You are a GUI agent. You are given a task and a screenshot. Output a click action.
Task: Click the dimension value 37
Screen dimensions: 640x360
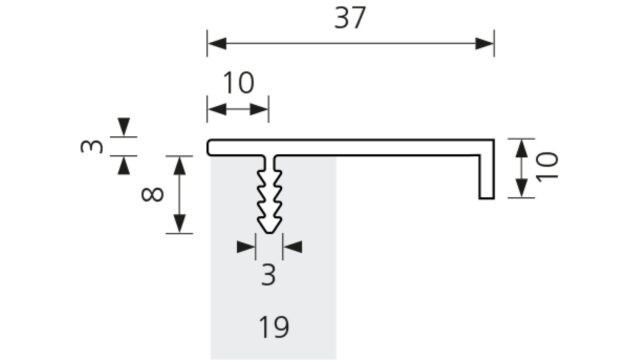[350, 18]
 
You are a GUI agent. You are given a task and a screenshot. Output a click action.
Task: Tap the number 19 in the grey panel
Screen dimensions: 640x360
[274, 327]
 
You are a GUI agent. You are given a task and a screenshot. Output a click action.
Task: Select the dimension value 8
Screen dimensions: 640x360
[153, 195]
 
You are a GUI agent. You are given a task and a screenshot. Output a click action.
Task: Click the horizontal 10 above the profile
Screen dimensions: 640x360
[239, 83]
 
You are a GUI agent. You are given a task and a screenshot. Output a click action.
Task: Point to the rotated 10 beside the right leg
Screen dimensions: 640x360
[547, 167]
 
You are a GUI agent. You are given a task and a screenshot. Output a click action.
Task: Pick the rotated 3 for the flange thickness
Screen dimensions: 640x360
[92, 146]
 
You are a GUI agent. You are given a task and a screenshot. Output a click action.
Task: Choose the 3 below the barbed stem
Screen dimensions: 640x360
[269, 275]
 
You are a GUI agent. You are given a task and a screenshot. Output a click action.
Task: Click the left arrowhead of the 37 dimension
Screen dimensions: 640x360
[217, 43]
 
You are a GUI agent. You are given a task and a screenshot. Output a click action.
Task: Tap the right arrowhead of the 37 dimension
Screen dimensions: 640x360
[484, 43]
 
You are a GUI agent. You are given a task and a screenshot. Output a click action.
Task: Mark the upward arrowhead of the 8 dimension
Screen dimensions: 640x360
[180, 165]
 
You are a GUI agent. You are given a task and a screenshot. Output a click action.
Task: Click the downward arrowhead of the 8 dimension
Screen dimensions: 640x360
[180, 224]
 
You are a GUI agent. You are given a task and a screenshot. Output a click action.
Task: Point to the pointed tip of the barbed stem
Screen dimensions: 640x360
[269, 233]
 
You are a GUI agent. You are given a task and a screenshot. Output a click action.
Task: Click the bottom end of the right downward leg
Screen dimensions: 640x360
[487, 198]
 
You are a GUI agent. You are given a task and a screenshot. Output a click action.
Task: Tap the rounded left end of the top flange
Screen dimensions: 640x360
[208, 147]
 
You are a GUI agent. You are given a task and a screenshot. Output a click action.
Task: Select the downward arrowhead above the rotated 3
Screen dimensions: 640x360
[124, 127]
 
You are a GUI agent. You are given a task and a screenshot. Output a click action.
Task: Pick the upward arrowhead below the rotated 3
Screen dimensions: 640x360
[124, 165]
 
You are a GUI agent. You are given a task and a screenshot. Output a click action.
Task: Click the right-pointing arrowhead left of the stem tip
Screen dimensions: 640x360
[246, 247]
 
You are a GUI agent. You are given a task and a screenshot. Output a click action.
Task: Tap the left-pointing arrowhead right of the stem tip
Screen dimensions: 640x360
[292, 247]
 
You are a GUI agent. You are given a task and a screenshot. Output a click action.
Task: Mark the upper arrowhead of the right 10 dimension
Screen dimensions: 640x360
[520, 149]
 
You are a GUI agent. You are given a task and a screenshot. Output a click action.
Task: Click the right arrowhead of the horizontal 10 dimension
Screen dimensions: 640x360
[259, 109]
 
